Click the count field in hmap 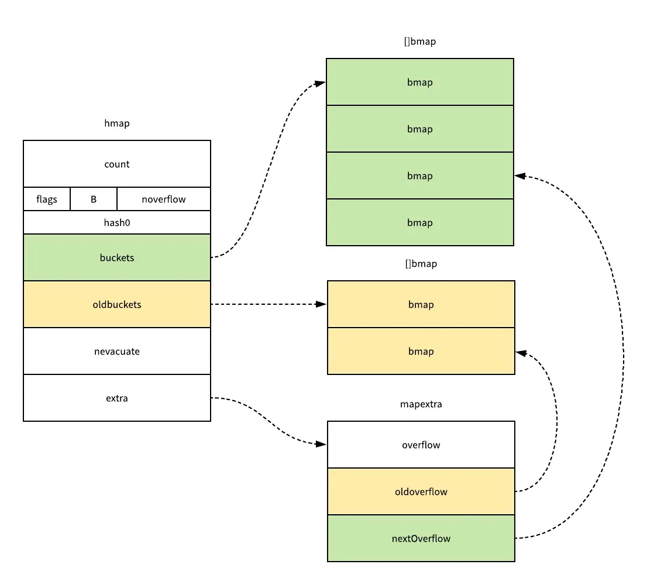point(117,164)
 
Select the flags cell point(47,199)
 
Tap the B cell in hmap point(94,199)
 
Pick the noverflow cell point(164,199)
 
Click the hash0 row point(117,223)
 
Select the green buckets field point(117,258)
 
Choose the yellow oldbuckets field point(117,305)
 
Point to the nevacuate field point(117,352)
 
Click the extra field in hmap point(117,398)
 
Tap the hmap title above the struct point(117,123)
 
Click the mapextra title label point(421,404)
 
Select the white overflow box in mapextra point(421,445)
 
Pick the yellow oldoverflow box point(421,492)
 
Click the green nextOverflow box point(421,539)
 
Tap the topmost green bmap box point(420,82)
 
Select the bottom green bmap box point(420,223)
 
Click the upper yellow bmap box point(421,305)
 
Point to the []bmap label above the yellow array point(421,264)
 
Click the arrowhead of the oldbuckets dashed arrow point(321,304)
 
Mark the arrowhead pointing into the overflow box point(321,445)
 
